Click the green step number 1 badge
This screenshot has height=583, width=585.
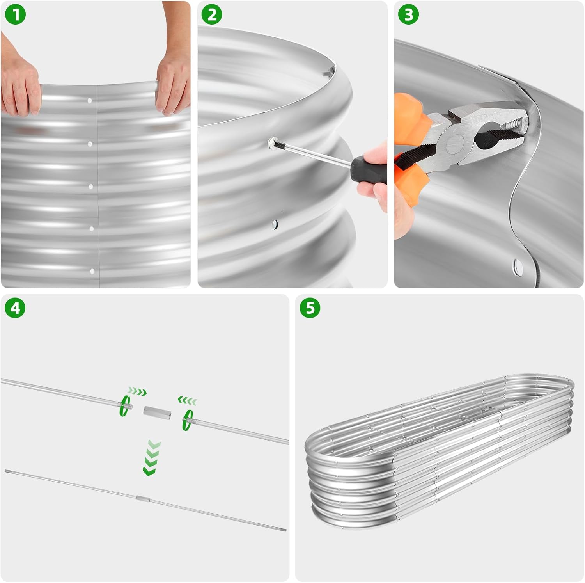click(x=16, y=15)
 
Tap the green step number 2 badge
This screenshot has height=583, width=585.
click(x=211, y=15)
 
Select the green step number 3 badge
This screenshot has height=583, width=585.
click(x=408, y=15)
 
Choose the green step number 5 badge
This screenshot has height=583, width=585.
click(x=310, y=308)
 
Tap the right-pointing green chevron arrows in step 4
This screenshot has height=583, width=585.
click(x=137, y=391)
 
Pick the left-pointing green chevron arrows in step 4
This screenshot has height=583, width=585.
click(x=188, y=400)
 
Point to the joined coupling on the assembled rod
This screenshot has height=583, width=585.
click(x=143, y=499)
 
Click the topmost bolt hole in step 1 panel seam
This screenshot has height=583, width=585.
click(x=90, y=101)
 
